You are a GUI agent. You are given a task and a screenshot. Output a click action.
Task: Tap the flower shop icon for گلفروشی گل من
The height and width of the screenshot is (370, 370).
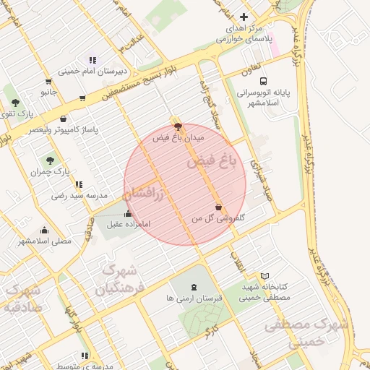pyautogui.click(x=219, y=207)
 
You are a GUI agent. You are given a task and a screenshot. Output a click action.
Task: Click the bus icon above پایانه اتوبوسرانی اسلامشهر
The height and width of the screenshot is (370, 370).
pyautogui.click(x=262, y=82)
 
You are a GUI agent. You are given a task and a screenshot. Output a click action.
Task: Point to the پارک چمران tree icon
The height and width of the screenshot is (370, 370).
pyautogui.click(x=50, y=161)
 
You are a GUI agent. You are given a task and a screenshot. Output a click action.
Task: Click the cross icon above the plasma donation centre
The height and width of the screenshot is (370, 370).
pyautogui.click(x=244, y=17)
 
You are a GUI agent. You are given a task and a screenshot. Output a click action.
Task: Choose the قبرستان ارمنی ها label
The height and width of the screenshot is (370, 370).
pyautogui.click(x=193, y=297)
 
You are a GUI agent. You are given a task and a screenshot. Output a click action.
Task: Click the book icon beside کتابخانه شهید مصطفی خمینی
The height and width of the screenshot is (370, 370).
pyautogui.click(x=265, y=276)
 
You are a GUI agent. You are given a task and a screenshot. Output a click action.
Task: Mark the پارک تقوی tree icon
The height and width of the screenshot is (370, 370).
pyautogui.click(x=14, y=103)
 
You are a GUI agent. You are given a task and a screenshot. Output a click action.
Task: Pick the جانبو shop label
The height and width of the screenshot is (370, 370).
pyautogui.click(x=48, y=92)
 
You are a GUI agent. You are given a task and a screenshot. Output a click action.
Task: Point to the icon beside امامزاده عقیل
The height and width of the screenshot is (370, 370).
pyautogui.click(x=129, y=213)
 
